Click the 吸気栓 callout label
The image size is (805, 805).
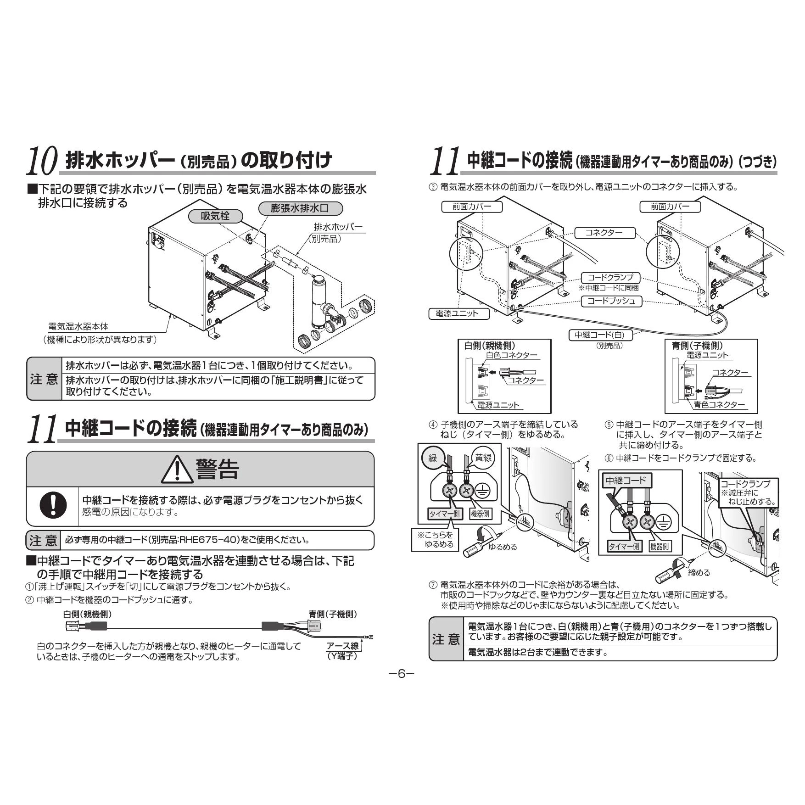[x=215, y=216]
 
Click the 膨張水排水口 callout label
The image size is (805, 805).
[x=300, y=208]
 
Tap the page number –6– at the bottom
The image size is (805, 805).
[x=402, y=674]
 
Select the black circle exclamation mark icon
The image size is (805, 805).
[x=53, y=505]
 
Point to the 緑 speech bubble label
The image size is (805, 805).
[x=433, y=458]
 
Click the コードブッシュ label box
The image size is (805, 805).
[x=611, y=301]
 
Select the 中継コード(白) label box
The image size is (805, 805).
[x=600, y=335]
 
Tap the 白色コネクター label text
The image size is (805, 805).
[x=511, y=355]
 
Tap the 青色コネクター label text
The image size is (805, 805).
[x=719, y=404]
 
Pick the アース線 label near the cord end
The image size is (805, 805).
[x=342, y=646]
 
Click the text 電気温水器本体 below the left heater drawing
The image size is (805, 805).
[x=78, y=326]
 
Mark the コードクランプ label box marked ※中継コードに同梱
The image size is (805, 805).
[x=610, y=278]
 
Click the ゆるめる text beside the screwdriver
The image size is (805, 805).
[x=503, y=547]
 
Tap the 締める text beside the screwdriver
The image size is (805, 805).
[x=699, y=572]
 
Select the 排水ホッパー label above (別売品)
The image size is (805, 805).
[x=338, y=227]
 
